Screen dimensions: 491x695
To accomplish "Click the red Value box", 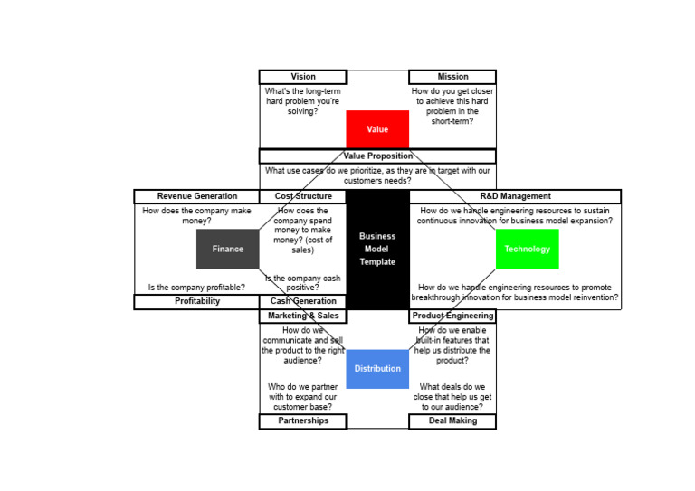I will (377, 129).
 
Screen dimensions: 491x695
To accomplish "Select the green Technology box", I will (527, 249).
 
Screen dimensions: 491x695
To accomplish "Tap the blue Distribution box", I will (377, 368).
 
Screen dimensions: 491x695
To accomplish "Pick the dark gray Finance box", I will (227, 249).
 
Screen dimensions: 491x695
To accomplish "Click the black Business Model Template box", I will (377, 249).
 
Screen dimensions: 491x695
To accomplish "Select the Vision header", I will (303, 77).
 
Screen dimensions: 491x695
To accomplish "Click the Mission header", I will (452, 77).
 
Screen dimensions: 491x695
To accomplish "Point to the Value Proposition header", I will (377, 156).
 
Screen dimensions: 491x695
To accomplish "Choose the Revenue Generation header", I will (196, 196).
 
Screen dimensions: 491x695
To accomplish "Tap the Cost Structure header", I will (302, 196).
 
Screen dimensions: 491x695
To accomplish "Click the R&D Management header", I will (515, 196).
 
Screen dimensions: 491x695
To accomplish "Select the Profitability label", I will (196, 302).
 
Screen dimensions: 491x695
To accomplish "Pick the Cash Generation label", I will (303, 302).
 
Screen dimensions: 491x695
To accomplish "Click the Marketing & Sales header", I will (303, 316).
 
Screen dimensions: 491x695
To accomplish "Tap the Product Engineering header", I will (452, 316).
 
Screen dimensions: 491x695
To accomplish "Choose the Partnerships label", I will (303, 421).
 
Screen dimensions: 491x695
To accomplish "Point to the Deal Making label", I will (452, 421).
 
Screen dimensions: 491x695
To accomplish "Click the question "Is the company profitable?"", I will (196, 288).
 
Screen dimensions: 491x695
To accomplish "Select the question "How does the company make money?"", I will (196, 215).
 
